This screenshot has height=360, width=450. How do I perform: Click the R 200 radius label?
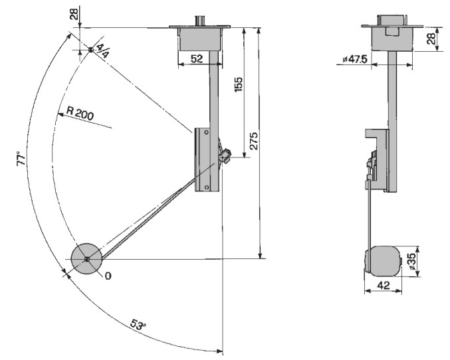[x=80, y=113]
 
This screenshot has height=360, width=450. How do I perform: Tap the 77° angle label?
[x=21, y=158]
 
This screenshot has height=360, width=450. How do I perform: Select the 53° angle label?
[x=138, y=324]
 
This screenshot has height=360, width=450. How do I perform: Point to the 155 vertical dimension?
[x=239, y=84]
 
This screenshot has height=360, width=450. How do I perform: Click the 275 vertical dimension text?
[x=254, y=141]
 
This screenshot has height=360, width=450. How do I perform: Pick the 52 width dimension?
[x=197, y=59]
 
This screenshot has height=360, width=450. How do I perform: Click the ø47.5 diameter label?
[x=355, y=59]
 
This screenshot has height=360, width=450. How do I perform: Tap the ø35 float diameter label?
[x=411, y=261]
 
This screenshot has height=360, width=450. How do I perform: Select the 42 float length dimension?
[x=384, y=285]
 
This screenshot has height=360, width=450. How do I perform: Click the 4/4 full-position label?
[x=102, y=50]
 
